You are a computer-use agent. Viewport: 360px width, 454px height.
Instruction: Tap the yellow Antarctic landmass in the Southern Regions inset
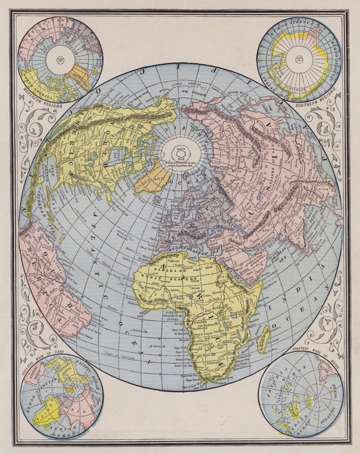click(x=283, y=51)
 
